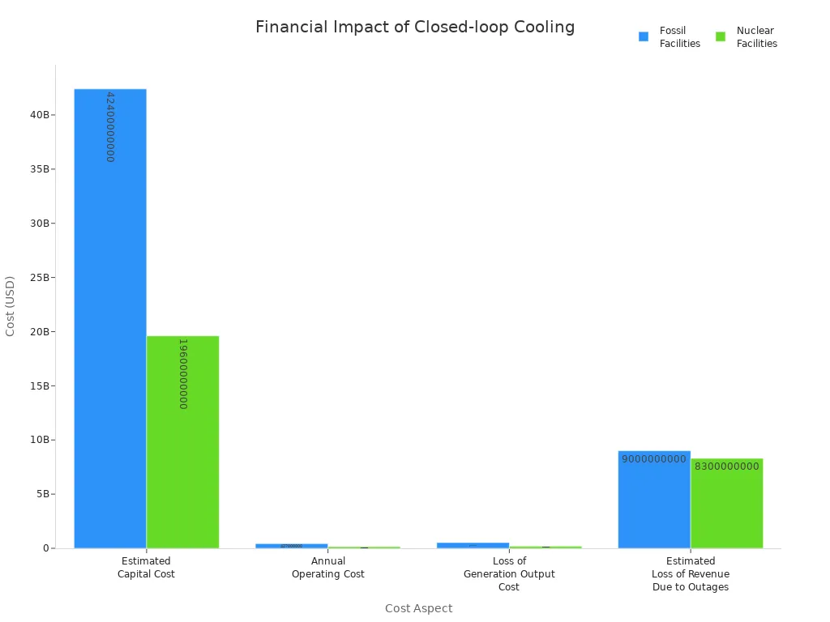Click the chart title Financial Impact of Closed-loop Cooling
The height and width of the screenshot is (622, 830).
coord(415,28)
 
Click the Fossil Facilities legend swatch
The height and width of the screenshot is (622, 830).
coord(644,36)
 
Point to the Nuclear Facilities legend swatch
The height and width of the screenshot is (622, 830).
coord(721,36)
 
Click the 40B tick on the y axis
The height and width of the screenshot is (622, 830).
coord(40,115)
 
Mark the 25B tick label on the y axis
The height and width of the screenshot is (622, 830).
coord(40,278)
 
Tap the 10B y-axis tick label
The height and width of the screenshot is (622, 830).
coord(40,440)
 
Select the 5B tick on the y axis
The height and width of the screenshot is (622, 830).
coord(42,494)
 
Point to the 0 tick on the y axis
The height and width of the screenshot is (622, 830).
coord(47,548)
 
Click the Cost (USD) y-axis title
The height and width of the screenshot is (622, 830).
coord(11,306)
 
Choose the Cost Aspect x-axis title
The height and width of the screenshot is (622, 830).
coord(418,608)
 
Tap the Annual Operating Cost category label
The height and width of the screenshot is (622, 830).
coord(328,568)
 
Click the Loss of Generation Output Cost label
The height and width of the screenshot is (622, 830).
coord(509,573)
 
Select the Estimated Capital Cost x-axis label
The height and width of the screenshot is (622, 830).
coord(146,568)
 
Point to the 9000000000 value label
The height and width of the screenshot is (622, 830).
coord(654,459)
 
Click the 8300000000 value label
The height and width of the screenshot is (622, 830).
coord(727,466)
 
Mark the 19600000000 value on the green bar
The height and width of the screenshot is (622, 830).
coord(183,373)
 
